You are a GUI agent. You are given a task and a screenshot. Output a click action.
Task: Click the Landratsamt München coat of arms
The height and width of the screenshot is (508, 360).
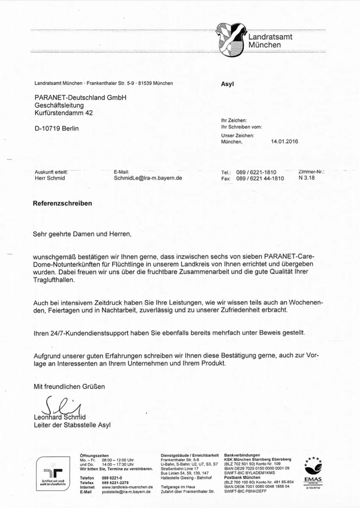231,40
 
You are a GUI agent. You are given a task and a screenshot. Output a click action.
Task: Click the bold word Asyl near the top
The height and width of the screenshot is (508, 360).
227,84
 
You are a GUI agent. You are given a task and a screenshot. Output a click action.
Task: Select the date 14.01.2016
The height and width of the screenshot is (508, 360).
284,142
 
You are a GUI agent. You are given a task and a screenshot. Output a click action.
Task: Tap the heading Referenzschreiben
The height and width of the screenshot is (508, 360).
62,203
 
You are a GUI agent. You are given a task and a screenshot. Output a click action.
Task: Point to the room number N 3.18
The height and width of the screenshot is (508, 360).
306,178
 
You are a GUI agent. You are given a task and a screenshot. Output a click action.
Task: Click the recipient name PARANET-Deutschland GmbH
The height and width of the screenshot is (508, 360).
80,97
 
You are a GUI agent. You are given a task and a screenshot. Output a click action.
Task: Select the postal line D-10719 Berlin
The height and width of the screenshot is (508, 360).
56,128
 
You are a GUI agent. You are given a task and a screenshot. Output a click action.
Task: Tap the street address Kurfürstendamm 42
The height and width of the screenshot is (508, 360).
63,113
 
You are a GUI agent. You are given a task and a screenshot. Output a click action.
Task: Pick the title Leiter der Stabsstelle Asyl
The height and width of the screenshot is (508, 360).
72,425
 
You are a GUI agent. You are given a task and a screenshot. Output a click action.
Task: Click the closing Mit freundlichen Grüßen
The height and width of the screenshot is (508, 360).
69,387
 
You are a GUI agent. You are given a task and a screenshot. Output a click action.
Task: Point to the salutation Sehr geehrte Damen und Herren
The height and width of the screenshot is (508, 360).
82,234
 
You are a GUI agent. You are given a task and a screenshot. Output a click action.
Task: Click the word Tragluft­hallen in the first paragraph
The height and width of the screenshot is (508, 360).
54,280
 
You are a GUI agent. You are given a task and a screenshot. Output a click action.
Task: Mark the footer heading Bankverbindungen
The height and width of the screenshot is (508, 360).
242,455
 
